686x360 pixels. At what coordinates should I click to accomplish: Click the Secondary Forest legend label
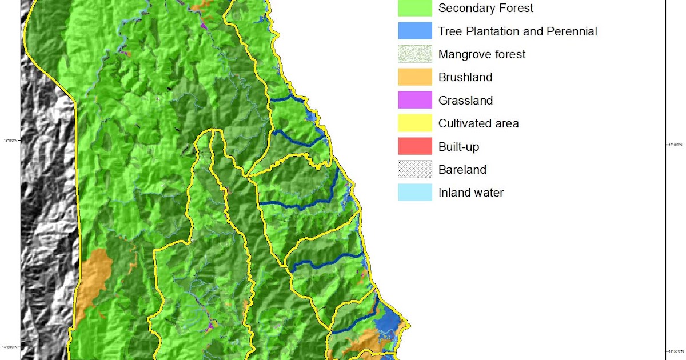(485, 8)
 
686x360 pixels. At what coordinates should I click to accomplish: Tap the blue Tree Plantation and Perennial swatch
(415, 31)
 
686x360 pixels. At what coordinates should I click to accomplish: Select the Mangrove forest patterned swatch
(415, 54)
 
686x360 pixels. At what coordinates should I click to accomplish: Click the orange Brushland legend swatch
(415, 77)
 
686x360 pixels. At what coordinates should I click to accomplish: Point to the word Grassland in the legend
(465, 101)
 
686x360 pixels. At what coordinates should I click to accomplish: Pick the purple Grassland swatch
(415, 101)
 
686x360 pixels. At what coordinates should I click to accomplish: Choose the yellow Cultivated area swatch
(415, 123)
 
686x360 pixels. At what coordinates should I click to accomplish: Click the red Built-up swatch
(415, 146)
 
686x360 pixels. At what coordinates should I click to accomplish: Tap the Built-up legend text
(458, 147)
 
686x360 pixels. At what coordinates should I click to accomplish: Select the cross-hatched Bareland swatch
(415, 170)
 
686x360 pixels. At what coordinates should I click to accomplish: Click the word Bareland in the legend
(462, 170)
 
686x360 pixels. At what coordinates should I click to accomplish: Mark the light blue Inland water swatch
(415, 193)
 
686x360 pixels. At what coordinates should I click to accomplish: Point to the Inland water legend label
(471, 193)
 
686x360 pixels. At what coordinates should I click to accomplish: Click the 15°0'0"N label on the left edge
(11, 141)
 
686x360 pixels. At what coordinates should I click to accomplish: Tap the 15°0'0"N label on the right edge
(676, 145)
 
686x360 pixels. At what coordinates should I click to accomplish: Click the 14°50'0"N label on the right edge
(676, 351)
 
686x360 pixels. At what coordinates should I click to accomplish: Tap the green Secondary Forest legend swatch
(415, 7)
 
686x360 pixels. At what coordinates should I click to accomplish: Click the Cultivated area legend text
(478, 123)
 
